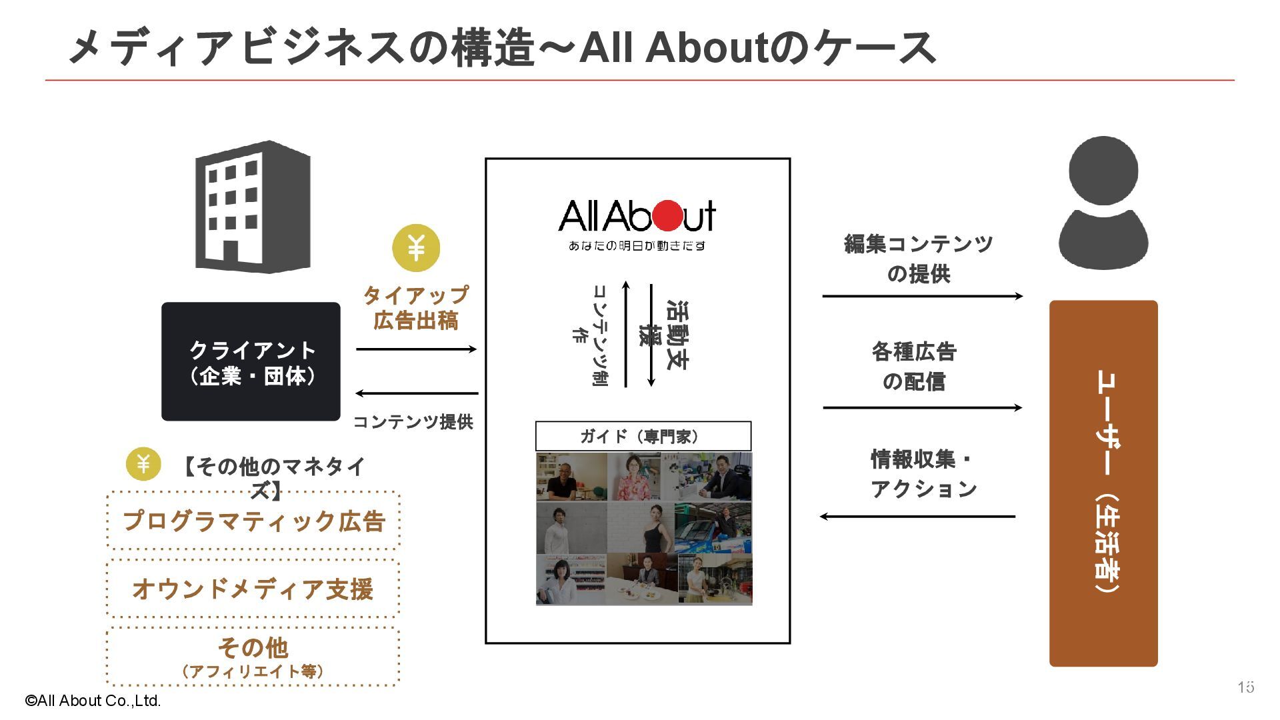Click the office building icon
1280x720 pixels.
pyautogui.click(x=253, y=207)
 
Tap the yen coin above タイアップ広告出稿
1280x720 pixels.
pyautogui.click(x=416, y=248)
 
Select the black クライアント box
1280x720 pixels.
pyautogui.click(x=251, y=361)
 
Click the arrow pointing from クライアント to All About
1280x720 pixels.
pyautogui.click(x=416, y=349)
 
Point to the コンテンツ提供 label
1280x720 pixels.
pyautogui.click(x=413, y=421)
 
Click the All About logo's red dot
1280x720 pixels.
pyautogui.click(x=668, y=215)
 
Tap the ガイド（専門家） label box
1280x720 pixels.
pyautogui.click(x=643, y=437)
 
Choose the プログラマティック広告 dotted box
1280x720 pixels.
pyautogui.click(x=253, y=521)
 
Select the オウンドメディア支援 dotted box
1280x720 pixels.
pyautogui.click(x=253, y=589)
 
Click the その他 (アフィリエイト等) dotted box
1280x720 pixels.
pyautogui.click(x=253, y=657)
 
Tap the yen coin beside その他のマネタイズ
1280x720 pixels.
pyautogui.click(x=143, y=463)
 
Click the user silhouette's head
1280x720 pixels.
pyautogui.click(x=1103, y=171)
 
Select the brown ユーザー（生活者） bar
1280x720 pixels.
pyautogui.click(x=1103, y=483)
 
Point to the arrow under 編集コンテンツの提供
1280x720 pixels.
pyautogui.click(x=922, y=296)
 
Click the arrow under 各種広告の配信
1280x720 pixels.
pyautogui.click(x=922, y=407)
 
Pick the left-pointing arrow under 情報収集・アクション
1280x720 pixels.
pyautogui.click(x=917, y=516)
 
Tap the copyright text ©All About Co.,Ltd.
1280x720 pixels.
pyautogui.click(x=93, y=701)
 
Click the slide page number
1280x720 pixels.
pyautogui.click(x=1245, y=687)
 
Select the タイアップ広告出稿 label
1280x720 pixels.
pyautogui.click(x=415, y=308)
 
